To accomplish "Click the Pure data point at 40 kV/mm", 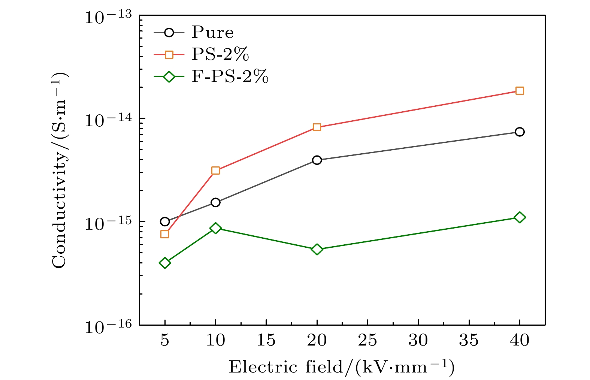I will tap(519, 132).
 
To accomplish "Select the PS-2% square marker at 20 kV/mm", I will tap(317, 127).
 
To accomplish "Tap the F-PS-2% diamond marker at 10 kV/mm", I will tap(215, 228).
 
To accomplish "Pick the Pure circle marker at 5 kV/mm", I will tap(165, 222).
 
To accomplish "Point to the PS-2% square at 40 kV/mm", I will tap(519, 91).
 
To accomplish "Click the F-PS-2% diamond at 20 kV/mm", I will tap(317, 249).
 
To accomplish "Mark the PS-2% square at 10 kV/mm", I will tap(215, 171).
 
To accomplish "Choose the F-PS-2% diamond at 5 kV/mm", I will tap(165, 263).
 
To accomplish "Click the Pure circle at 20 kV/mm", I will tap(317, 160).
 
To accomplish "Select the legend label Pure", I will tap(212, 33).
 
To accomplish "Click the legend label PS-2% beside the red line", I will tap(220, 55).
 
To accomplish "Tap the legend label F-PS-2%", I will tap(230, 77).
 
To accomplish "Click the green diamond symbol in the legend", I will tap(169, 77).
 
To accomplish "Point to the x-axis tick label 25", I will tap(367, 340).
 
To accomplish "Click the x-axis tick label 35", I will tap(469, 340).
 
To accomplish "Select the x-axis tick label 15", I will tap(266, 340).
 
